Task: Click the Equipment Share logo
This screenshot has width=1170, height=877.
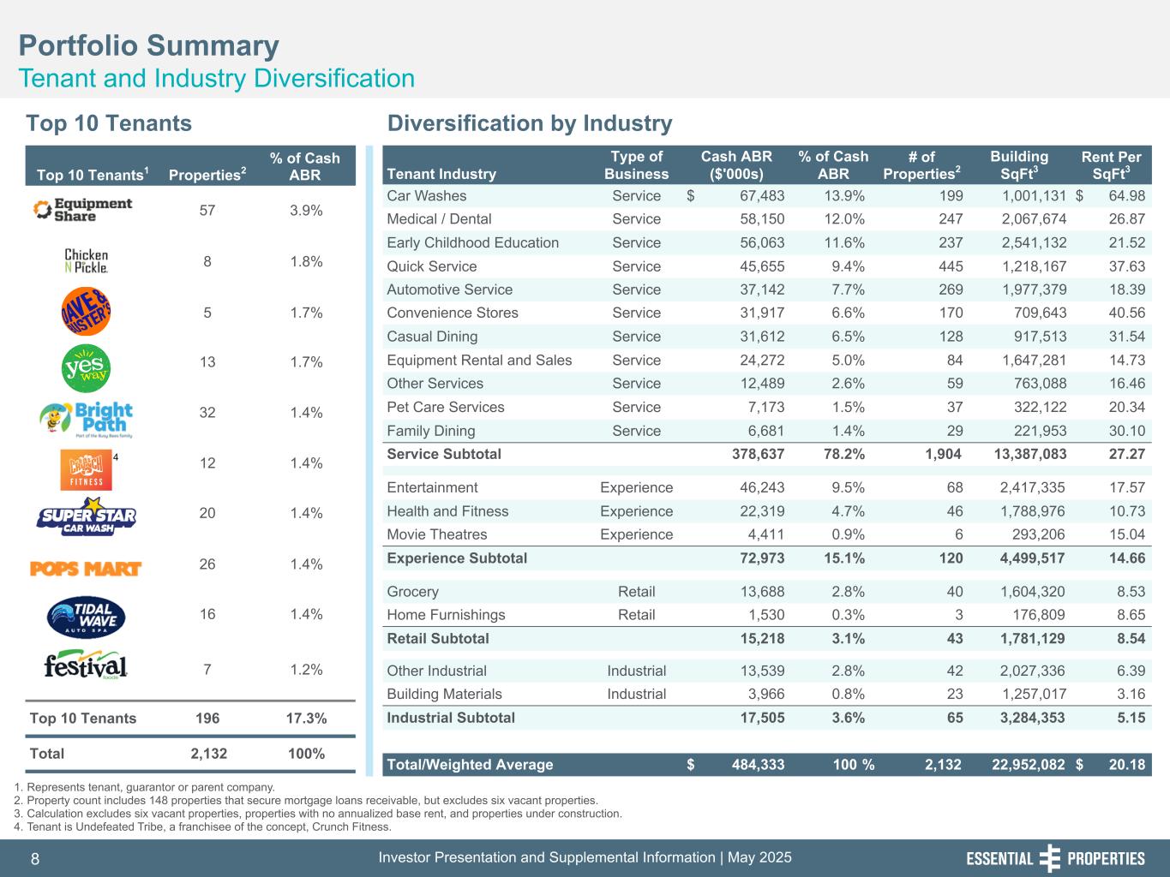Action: pos(82,210)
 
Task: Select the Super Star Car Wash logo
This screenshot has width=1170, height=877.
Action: pos(87,516)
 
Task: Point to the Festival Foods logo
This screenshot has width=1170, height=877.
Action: pos(86,667)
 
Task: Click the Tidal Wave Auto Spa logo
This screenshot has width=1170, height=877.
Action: pos(87,617)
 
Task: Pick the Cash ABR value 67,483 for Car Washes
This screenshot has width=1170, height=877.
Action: pos(761,196)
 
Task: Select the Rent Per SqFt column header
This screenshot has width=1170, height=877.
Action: pos(1111,165)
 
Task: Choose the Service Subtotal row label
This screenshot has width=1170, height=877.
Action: pos(444,454)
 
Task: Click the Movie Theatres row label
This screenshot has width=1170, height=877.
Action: pos(436,534)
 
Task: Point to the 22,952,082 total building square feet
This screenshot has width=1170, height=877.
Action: pos(1028,765)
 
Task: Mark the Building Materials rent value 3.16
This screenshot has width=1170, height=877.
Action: pos(1128,694)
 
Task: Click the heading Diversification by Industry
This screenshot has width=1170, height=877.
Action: pos(530,123)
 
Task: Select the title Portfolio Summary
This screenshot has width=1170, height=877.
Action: pos(149,45)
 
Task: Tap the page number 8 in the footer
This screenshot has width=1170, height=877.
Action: pos(35,859)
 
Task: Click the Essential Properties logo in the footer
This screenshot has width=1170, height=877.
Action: pos(1055,858)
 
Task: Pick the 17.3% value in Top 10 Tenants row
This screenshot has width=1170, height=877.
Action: pos(305,718)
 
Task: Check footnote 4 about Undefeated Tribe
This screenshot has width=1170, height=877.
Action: pos(203,827)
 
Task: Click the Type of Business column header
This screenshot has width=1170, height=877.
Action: pos(636,165)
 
